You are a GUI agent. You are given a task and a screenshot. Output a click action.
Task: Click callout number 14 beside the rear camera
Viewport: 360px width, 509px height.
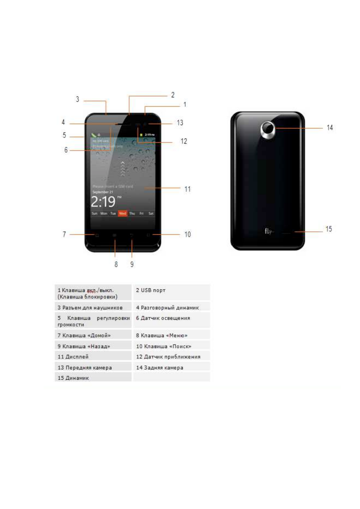[x=329, y=128]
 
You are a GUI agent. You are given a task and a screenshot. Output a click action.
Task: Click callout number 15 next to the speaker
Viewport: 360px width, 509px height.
[x=329, y=229]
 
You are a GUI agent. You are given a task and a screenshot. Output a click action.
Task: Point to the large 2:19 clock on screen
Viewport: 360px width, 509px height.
[x=103, y=202]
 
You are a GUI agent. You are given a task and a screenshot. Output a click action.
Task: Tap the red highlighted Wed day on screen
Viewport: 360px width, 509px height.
[x=122, y=213]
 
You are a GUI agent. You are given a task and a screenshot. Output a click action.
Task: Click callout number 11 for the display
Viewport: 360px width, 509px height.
[x=187, y=189]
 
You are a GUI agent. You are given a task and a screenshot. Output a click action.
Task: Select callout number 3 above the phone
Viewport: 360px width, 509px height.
[x=77, y=99]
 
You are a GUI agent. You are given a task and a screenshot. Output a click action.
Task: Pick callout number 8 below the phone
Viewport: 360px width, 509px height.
[x=116, y=264]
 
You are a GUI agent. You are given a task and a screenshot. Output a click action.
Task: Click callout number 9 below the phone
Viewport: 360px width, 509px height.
[x=132, y=264]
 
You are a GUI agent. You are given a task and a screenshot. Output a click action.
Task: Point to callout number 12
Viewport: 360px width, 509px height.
[x=184, y=141]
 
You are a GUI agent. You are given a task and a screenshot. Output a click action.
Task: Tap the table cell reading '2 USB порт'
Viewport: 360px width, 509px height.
[x=171, y=292]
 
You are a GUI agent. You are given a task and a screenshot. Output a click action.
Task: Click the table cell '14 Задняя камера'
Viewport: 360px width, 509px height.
[x=171, y=368]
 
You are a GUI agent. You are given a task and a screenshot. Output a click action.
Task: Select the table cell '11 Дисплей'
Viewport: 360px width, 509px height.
[x=93, y=357]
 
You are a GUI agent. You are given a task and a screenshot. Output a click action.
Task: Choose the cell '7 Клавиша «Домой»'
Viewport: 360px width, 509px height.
[x=93, y=335]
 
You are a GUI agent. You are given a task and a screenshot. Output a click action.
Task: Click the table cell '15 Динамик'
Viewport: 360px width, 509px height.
[x=93, y=378]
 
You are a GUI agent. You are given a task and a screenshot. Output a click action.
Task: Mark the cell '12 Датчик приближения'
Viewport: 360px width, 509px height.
[x=171, y=357]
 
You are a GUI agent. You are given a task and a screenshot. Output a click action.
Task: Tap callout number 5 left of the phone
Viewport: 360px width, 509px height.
[x=64, y=135]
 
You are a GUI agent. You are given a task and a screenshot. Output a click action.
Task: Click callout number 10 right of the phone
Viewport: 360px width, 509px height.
[x=188, y=235]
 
